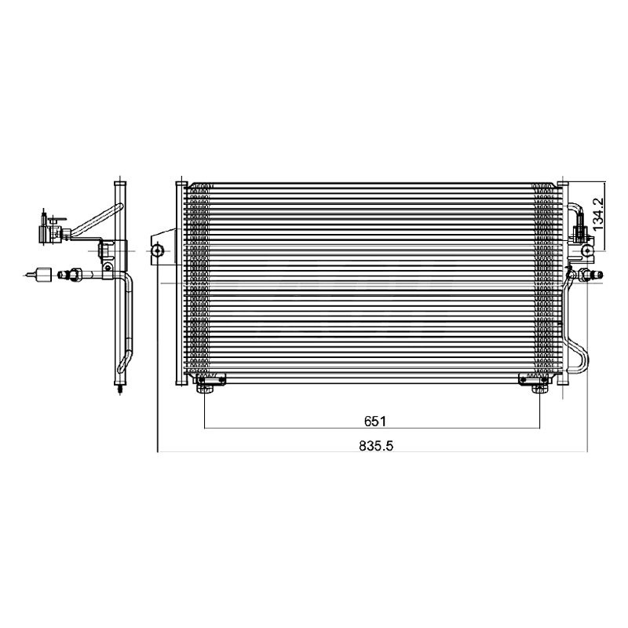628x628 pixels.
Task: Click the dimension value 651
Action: pyautogui.click(x=375, y=422)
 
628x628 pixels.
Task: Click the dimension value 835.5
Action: pyautogui.click(x=376, y=446)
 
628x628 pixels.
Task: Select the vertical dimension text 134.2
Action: pyautogui.click(x=598, y=214)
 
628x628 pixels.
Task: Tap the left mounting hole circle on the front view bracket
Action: pyautogui.click(x=158, y=251)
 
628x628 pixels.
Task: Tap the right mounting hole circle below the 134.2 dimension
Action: pyautogui.click(x=586, y=251)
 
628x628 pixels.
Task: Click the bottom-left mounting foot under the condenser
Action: pyautogui.click(x=205, y=389)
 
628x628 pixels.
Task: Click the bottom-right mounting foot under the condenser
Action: pyautogui.click(x=539, y=389)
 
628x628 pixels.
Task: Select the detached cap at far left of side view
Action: pyautogui.click(x=43, y=275)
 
